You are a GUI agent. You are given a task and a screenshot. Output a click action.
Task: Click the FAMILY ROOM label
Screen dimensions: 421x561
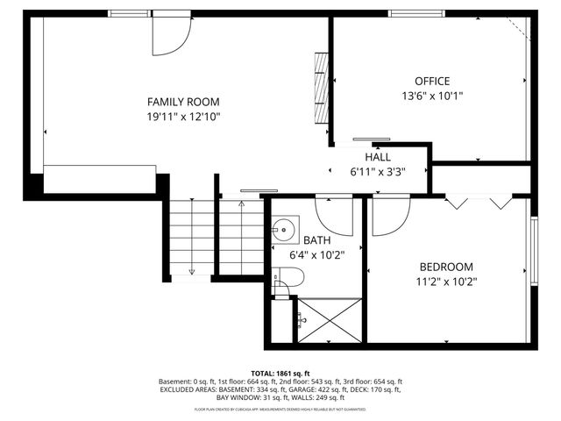pyautogui.click(x=182, y=102)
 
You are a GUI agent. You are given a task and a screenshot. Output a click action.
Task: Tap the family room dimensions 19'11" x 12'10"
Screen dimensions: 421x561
pyautogui.click(x=183, y=117)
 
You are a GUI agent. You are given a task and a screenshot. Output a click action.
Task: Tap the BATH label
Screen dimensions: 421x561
pyautogui.click(x=316, y=240)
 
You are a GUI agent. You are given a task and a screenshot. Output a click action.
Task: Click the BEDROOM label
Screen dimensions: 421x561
pyautogui.click(x=446, y=268)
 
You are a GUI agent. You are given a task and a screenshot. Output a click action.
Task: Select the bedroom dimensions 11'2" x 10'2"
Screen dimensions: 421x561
pyautogui.click(x=446, y=282)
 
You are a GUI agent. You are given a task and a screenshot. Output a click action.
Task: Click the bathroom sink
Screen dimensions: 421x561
pyautogui.click(x=282, y=232)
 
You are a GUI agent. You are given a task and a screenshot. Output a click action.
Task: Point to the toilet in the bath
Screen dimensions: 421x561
pyautogui.click(x=288, y=279)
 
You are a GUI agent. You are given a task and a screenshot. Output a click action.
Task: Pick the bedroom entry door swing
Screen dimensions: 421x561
pyautogui.click(x=389, y=217)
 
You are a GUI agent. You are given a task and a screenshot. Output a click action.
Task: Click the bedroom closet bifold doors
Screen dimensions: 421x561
pyautogui.click(x=479, y=203)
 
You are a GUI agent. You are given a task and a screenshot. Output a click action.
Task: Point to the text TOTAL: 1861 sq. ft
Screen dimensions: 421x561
pyautogui.click(x=280, y=374)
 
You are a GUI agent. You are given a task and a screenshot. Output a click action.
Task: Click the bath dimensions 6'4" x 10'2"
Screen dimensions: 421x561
pyautogui.click(x=316, y=255)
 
